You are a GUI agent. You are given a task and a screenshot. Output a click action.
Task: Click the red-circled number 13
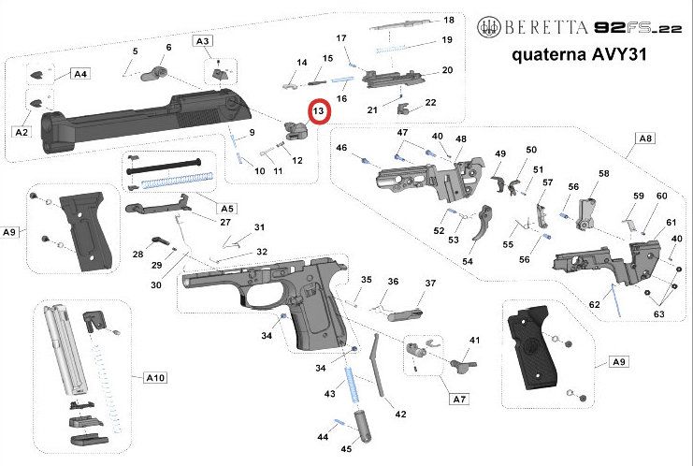coord(319,111)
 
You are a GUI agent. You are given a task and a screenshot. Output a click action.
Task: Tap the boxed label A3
coord(202,41)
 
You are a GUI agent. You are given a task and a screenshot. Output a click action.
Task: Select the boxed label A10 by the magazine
coord(155,378)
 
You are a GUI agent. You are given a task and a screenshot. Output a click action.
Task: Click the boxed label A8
coord(645,138)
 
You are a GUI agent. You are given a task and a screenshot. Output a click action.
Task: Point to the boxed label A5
coord(226,209)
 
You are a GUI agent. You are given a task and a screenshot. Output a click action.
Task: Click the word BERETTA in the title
coord(545,28)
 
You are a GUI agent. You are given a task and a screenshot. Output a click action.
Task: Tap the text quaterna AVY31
coord(579,55)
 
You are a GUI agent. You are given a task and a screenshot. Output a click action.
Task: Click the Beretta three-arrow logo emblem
coord(489,27)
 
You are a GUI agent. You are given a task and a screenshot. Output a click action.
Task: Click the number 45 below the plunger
coord(346,449)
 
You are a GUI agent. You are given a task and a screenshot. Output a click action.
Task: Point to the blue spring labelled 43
coord(354,385)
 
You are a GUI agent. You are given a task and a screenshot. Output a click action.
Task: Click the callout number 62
coord(595,304)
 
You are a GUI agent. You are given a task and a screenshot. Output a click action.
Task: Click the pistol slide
coord(146,119)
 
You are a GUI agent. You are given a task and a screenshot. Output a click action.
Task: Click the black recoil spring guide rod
coord(164,167)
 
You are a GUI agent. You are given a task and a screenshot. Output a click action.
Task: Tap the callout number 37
coord(430,283)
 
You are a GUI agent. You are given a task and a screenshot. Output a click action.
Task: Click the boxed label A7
coord(459,400)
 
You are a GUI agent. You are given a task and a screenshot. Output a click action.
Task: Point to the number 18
coord(449,21)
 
